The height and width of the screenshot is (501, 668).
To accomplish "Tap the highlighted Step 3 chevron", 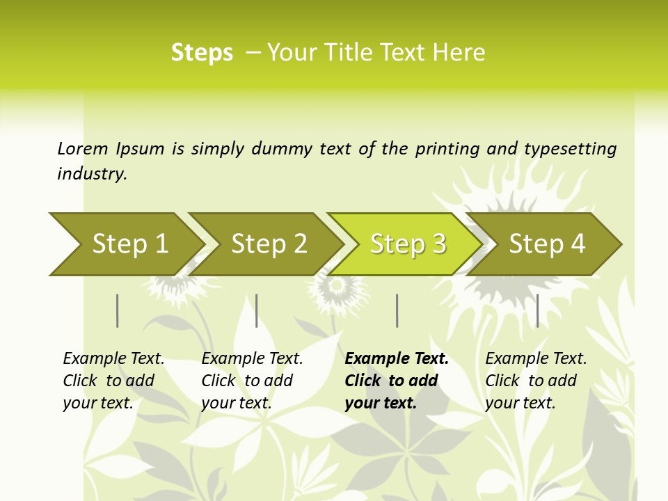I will tap(407, 244).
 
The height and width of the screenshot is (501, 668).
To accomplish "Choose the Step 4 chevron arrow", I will tap(547, 244).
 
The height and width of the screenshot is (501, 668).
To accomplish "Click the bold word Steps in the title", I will tap(202, 53).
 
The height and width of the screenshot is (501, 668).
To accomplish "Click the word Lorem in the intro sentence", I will tap(82, 148).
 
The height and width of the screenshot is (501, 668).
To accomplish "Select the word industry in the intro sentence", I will tap(91, 174).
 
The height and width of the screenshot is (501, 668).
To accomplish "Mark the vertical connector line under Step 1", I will tap(118, 310).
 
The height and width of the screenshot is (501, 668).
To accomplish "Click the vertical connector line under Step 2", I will tap(257, 310).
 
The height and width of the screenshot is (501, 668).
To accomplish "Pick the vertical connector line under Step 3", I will tap(397, 310).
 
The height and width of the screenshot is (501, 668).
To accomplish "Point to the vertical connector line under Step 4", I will tap(537, 310).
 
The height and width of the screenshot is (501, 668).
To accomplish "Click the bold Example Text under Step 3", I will tap(397, 359).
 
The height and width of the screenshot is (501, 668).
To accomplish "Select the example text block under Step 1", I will tap(113, 381).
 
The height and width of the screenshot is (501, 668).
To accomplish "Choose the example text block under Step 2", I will tap(252, 381).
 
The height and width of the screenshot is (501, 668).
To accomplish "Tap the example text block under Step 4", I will tap(536, 381).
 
